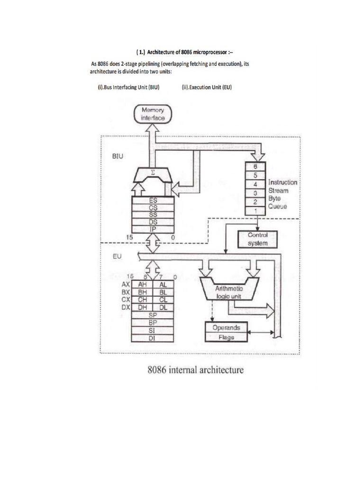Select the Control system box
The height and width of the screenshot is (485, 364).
coord(258,239)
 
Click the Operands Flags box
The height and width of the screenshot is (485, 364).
coord(226,332)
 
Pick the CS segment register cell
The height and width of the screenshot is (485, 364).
coord(153,207)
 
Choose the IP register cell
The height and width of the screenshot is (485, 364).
coord(153,229)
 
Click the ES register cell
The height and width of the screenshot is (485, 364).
coord(153,200)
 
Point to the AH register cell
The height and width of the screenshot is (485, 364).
coord(142,285)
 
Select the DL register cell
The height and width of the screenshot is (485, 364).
coord(164,307)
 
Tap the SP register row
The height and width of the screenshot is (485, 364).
coord(153,315)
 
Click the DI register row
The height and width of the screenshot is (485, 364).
coord(153,338)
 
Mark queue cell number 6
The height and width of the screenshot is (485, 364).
coord(255,166)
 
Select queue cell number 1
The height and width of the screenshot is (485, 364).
coord(255,210)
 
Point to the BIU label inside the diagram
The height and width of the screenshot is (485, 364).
coord(118,155)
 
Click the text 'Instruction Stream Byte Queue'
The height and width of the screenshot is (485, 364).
coord(283,194)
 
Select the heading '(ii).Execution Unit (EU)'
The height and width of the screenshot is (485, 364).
coord(206,88)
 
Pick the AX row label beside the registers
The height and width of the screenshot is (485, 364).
coord(126,285)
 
